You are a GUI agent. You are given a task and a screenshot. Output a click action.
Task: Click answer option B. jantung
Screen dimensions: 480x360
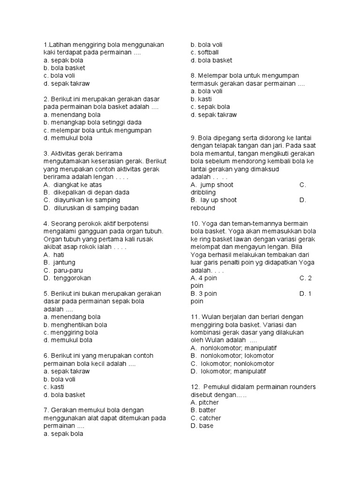(59, 262)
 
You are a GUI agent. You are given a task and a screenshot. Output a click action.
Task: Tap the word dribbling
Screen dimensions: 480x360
(203, 192)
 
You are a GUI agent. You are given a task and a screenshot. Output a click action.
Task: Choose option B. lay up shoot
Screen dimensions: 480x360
(214, 200)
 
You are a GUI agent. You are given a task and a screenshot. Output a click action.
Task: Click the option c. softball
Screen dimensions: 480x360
(204, 52)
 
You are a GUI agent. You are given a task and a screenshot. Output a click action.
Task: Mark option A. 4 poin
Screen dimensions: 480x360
(204, 278)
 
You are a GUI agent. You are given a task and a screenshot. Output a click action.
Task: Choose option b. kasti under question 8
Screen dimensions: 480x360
(202, 99)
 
